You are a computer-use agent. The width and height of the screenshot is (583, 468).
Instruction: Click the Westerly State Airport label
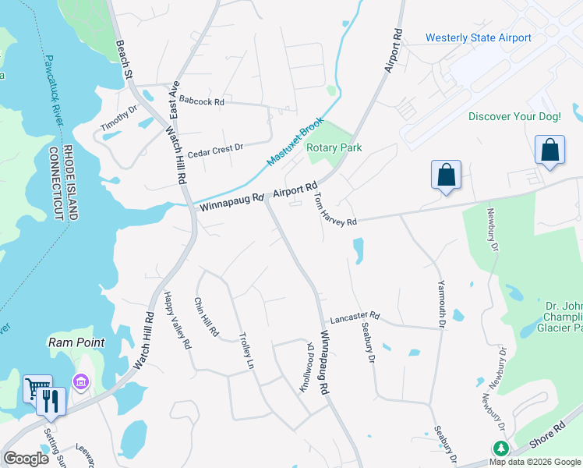click(478, 37)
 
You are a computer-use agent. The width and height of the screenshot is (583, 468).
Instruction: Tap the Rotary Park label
click(334, 147)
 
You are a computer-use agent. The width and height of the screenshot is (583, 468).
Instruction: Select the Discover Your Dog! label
click(514, 116)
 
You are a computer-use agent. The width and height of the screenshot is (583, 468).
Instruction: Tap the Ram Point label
click(77, 342)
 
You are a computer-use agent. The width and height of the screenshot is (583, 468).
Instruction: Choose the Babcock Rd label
click(201, 101)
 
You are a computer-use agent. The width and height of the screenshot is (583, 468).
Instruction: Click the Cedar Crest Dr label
click(216, 147)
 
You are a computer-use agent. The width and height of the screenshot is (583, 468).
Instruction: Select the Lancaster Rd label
click(354, 317)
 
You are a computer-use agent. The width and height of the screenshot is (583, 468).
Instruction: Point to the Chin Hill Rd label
click(206, 317)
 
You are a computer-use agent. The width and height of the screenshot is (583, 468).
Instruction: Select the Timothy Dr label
click(118, 117)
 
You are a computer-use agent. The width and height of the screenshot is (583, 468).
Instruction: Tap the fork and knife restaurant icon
click(51, 400)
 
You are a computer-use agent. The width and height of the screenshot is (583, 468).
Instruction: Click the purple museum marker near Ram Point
click(80, 382)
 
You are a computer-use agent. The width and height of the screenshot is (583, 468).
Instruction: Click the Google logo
click(26, 459)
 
